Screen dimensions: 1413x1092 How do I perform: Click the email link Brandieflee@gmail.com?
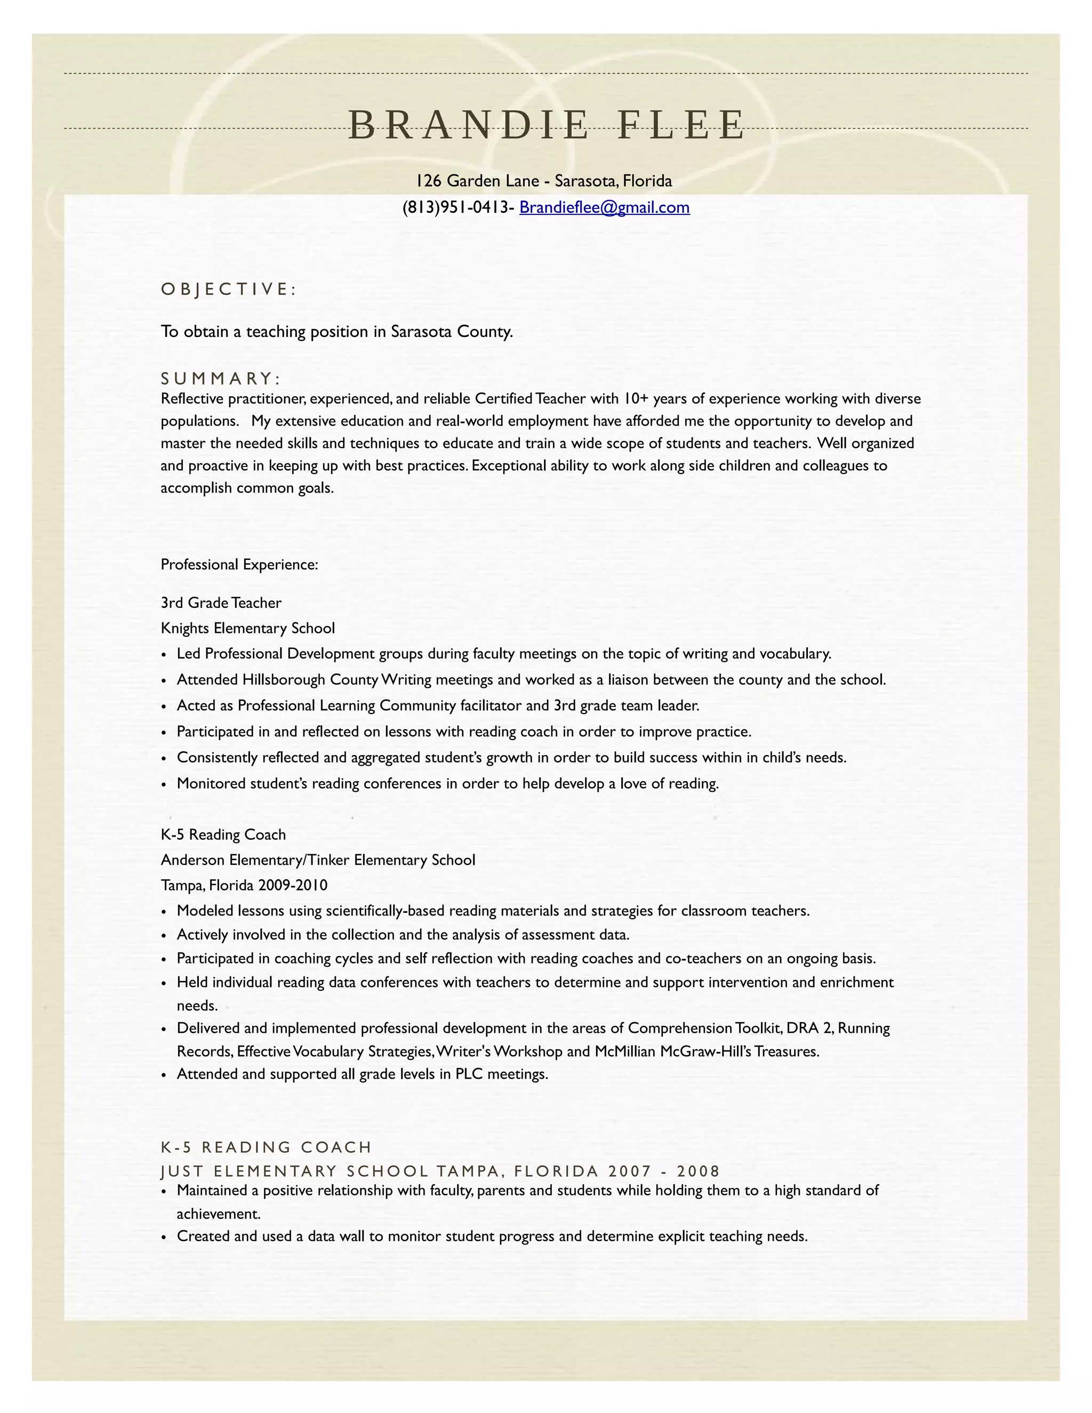coord(604,207)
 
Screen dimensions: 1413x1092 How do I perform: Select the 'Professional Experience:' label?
coord(239,565)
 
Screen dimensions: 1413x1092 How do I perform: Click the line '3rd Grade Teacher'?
coord(221,603)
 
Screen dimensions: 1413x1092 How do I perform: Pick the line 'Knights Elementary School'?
coord(248,628)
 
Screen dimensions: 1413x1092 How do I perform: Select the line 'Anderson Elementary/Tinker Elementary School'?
coord(318,860)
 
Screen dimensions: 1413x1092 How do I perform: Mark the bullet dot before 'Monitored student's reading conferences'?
coord(164,785)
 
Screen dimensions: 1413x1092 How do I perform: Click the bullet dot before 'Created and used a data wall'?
coord(164,1237)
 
